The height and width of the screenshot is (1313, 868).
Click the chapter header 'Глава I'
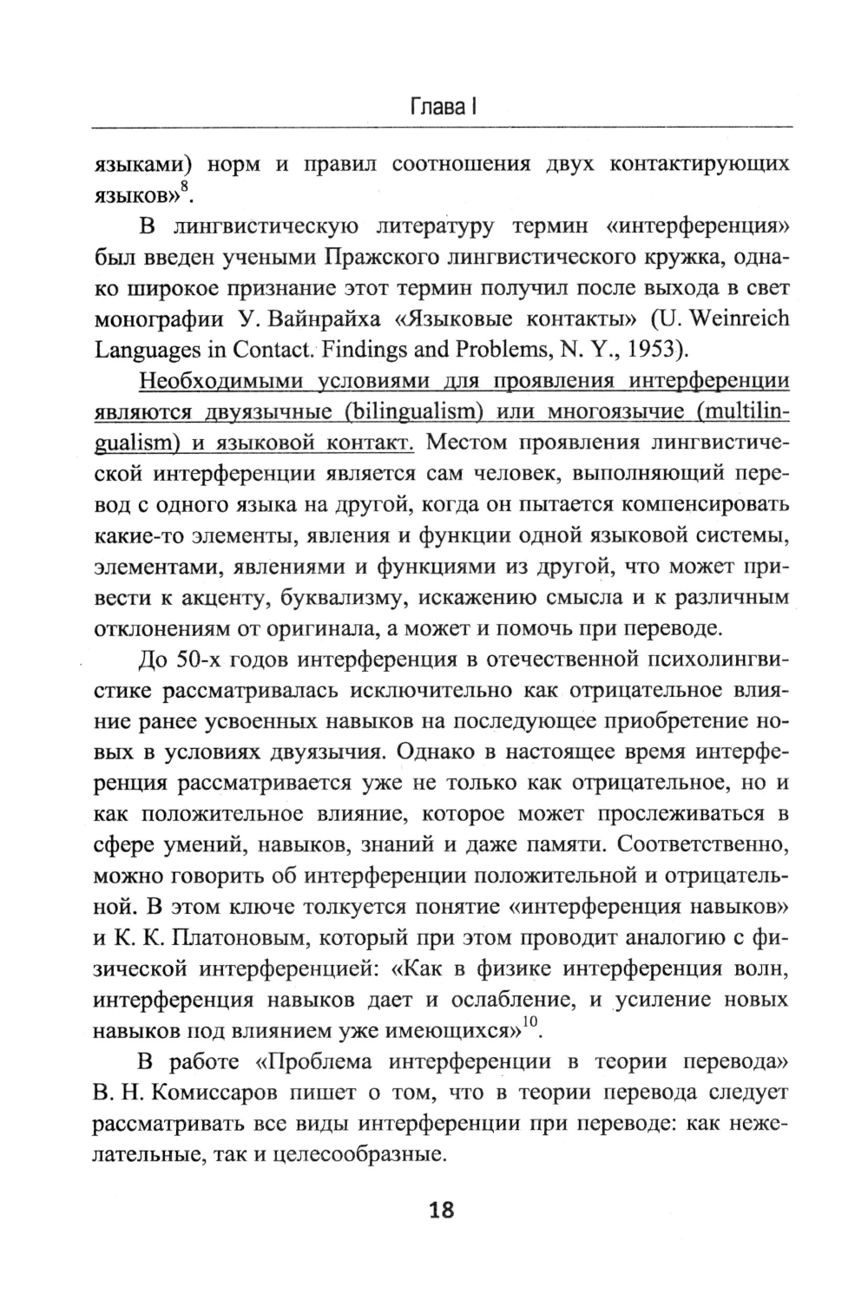(441, 108)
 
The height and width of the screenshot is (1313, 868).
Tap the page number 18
(441, 1210)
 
